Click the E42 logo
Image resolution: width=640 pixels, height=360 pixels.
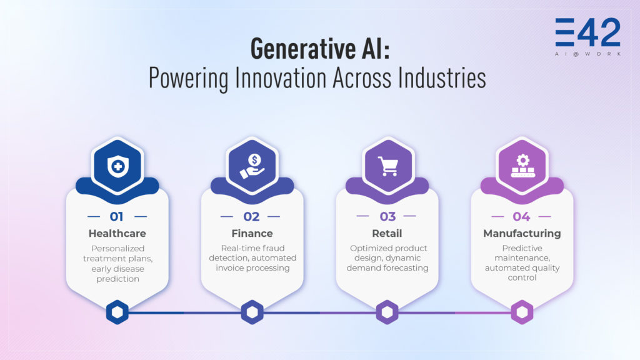click(587, 34)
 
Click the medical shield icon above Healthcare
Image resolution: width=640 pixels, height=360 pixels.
click(117, 166)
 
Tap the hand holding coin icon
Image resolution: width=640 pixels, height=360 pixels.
click(252, 166)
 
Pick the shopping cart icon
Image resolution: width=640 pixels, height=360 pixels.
click(387, 166)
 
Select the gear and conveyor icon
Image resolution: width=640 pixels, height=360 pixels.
click(522, 166)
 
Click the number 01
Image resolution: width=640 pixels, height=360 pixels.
click(117, 217)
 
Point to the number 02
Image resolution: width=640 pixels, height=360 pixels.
click(252, 217)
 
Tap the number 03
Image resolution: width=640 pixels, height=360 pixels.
click(387, 217)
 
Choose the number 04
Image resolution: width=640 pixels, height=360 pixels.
click(521, 217)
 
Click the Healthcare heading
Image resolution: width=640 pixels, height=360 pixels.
click(117, 233)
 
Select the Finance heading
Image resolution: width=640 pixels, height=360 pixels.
click(252, 233)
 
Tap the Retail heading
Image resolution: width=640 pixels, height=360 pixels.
click(387, 233)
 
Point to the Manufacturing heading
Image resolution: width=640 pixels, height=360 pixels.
click(522, 233)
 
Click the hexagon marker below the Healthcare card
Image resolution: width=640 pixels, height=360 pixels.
click(117, 312)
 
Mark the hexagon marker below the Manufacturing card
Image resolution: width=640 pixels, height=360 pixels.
click(522, 312)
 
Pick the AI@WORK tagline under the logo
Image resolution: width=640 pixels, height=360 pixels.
click(587, 54)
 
